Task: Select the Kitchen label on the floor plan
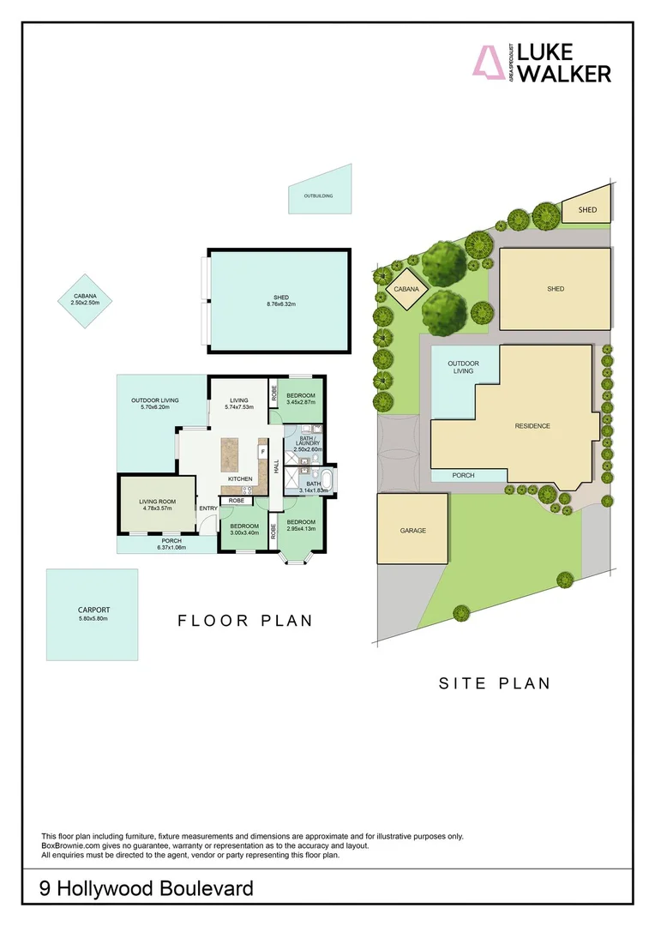click(240, 478)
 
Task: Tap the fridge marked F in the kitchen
click(262, 452)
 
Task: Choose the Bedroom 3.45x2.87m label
click(301, 399)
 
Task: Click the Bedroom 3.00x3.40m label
click(243, 529)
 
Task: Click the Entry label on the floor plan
click(208, 508)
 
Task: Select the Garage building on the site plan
click(412, 530)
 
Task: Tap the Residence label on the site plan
click(532, 426)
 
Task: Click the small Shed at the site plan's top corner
click(587, 209)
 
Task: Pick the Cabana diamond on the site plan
click(406, 290)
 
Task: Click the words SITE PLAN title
click(494, 683)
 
